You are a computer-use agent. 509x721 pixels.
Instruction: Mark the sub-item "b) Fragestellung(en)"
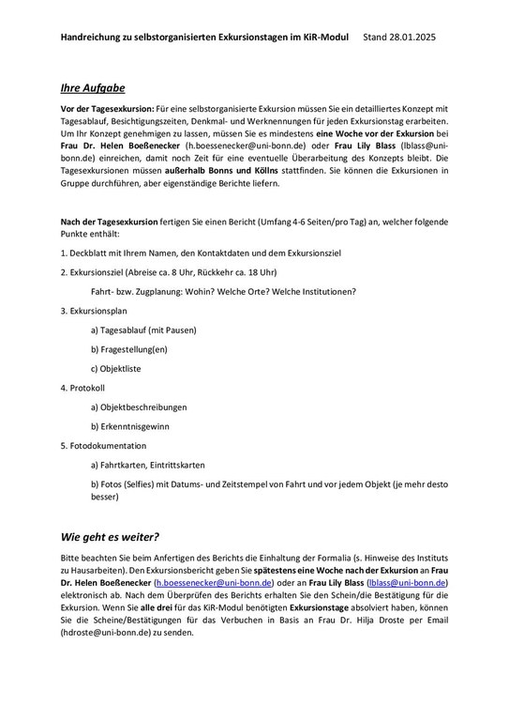129,348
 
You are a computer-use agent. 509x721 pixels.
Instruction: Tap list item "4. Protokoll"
86,387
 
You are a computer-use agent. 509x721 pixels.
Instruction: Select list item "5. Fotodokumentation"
107,445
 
